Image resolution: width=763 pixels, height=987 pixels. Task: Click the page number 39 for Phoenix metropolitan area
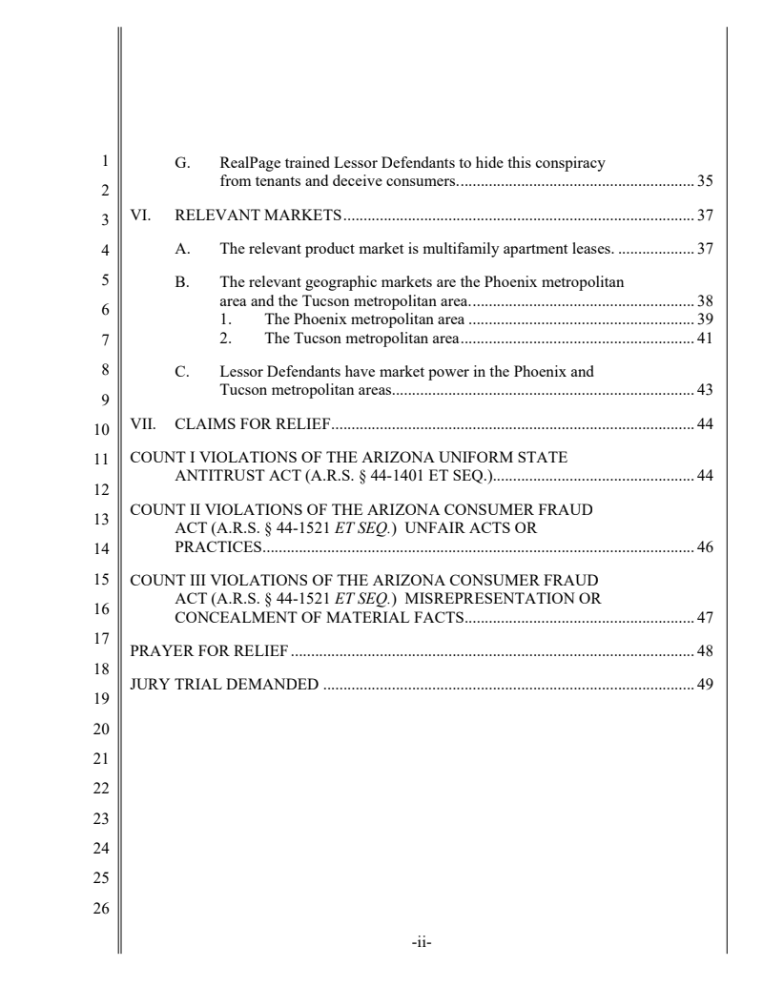pyautogui.click(x=706, y=319)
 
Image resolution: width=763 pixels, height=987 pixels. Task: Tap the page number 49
pyautogui.click(x=706, y=684)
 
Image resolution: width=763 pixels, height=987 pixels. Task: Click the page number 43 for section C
pyautogui.click(x=706, y=389)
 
